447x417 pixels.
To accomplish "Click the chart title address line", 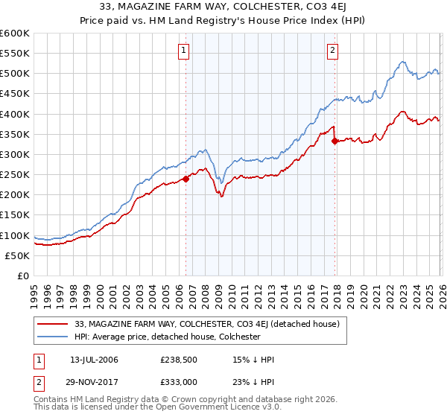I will pos(223,7).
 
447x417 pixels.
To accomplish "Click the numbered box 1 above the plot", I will pos(183,51).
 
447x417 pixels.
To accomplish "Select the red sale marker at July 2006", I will pos(186,179).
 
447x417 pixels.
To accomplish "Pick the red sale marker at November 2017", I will pos(335,141).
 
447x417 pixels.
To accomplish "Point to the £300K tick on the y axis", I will pos(15,155).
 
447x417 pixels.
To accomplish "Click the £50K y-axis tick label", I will pos(17,255).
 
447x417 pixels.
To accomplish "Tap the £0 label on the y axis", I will pos(22,276).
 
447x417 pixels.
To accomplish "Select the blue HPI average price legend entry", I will pos(167,337).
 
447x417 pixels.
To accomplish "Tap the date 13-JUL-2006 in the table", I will pos(94,360).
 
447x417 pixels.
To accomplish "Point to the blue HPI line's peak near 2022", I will pos(402,62).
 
